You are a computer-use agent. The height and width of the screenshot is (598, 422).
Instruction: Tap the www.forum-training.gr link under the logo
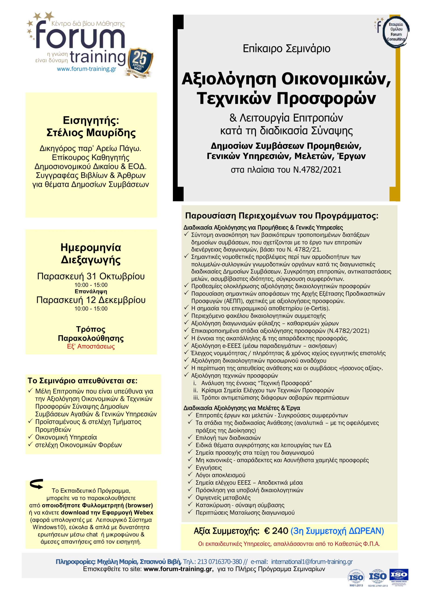tap(87, 69)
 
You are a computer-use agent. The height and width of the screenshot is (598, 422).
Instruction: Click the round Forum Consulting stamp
tap(395, 32)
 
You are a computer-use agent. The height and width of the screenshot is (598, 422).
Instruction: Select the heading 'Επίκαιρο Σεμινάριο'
tap(286, 49)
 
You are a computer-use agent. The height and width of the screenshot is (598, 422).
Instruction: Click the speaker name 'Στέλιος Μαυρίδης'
tap(91, 133)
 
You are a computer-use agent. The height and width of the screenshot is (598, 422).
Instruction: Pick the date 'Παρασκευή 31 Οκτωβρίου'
tap(91, 276)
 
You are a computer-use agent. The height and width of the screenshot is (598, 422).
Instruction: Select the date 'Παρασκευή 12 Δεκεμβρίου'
tap(91, 300)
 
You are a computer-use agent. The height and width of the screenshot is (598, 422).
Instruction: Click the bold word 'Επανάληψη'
tap(91, 292)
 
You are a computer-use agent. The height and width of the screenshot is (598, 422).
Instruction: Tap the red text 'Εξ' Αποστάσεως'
tap(91, 346)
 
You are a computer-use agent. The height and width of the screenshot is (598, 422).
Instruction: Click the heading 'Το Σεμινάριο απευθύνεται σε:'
tap(83, 381)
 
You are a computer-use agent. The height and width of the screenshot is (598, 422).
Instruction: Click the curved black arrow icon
tap(37, 484)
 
